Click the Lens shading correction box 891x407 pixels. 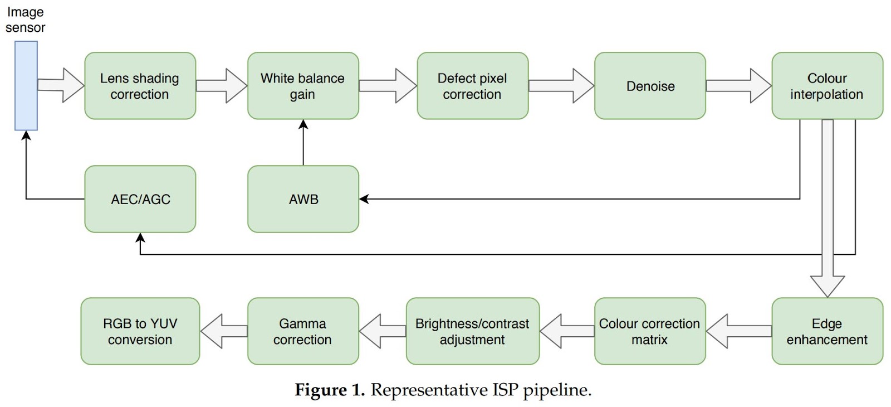click(x=140, y=86)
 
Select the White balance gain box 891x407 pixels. click(x=303, y=86)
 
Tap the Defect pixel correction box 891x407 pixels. click(x=472, y=86)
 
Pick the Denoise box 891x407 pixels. click(x=650, y=86)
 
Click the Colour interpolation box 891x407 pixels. click(x=827, y=86)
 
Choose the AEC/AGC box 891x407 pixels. click(x=140, y=199)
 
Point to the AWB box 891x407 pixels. click(x=303, y=199)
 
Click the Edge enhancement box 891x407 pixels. click(x=827, y=331)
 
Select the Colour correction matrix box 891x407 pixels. click(x=650, y=331)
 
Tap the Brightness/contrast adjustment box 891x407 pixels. click(x=472, y=331)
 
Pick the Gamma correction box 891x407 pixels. click(x=303, y=331)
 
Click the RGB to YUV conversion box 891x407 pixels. click(x=140, y=331)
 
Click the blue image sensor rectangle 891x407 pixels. click(x=26, y=86)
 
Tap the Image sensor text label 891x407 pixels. click(x=25, y=20)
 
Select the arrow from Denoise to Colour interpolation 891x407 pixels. click(x=738, y=86)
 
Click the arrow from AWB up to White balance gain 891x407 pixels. click(x=303, y=142)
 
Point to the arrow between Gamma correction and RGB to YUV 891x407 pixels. click(x=223, y=331)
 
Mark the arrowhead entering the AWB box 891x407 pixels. click(x=364, y=199)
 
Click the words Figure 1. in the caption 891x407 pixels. click(x=329, y=390)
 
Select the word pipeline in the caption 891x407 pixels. click(x=556, y=390)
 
